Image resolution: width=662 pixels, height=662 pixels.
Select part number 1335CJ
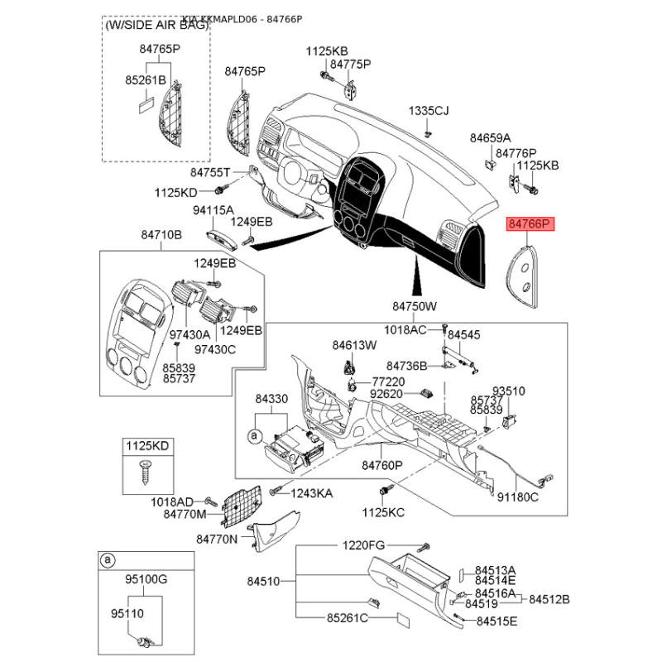pyautogui.click(x=428, y=111)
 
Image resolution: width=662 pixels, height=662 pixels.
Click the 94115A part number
pyautogui.click(x=213, y=210)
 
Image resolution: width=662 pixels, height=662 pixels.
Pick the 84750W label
pyautogui.click(x=414, y=307)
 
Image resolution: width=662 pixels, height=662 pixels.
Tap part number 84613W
pyautogui.click(x=354, y=344)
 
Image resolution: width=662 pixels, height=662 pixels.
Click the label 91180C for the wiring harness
pyautogui.click(x=517, y=497)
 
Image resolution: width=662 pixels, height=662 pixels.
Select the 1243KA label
pyautogui.click(x=311, y=493)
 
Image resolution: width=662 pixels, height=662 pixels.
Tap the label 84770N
pyautogui.click(x=217, y=540)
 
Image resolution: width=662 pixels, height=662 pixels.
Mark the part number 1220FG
pyautogui.click(x=364, y=546)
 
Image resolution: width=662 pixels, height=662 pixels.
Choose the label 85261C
pyautogui.click(x=348, y=618)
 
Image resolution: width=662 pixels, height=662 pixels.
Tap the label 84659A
pyautogui.click(x=491, y=138)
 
